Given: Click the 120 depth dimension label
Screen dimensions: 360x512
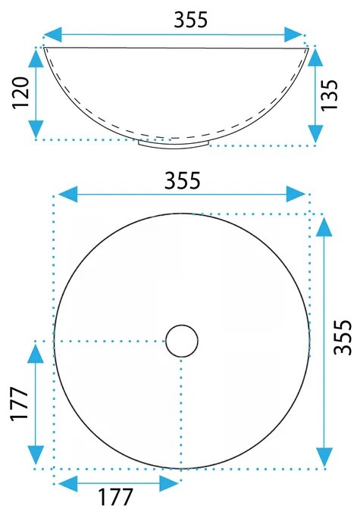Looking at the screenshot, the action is pyautogui.click(x=21, y=92).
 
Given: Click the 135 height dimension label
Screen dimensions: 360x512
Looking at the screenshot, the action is pyautogui.click(x=329, y=95).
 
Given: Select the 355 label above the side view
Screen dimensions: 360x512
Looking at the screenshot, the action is pyautogui.click(x=191, y=20).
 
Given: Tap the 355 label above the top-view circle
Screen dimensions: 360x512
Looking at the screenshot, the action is pyautogui.click(x=183, y=180).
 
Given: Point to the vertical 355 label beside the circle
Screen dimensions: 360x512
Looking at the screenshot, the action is pyautogui.click(x=343, y=337).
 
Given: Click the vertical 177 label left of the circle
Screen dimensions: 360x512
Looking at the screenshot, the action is pyautogui.click(x=19, y=404).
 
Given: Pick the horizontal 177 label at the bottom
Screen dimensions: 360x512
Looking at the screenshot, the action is pyautogui.click(x=116, y=497).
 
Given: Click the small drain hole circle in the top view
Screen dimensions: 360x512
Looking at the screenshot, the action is pyautogui.click(x=182, y=341).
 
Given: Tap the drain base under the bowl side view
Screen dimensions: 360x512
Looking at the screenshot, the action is pyautogui.click(x=174, y=145).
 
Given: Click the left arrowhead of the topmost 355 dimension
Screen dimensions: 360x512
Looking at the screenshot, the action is pyautogui.click(x=53, y=35).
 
